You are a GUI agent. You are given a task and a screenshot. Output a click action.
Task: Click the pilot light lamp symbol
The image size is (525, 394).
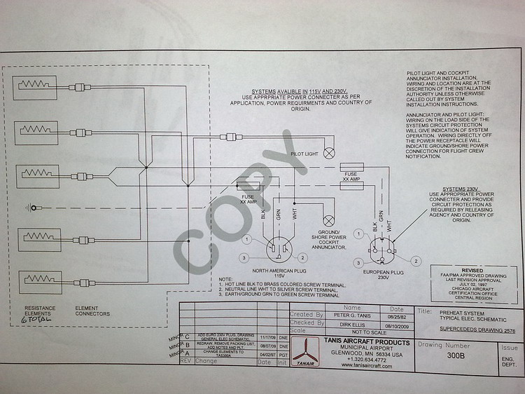pyautogui.click(x=327, y=152)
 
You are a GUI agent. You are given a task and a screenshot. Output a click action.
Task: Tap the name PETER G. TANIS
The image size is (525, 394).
pyautogui.click(x=351, y=315)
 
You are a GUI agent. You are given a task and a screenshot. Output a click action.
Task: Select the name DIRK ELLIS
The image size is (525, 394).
pyautogui.click(x=347, y=323)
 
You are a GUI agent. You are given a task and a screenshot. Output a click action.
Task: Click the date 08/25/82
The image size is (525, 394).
pyautogui.click(x=396, y=315)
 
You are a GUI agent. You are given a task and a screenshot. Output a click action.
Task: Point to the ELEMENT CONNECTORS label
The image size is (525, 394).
pyautogui.click(x=92, y=311)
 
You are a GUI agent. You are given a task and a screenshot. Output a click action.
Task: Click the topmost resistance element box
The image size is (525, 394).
pyautogui.click(x=31, y=86)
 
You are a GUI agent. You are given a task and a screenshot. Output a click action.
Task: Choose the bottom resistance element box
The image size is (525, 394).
pyautogui.click(x=31, y=282)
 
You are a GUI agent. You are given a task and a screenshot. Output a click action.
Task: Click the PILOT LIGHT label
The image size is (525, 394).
pyautogui.click(x=304, y=152)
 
